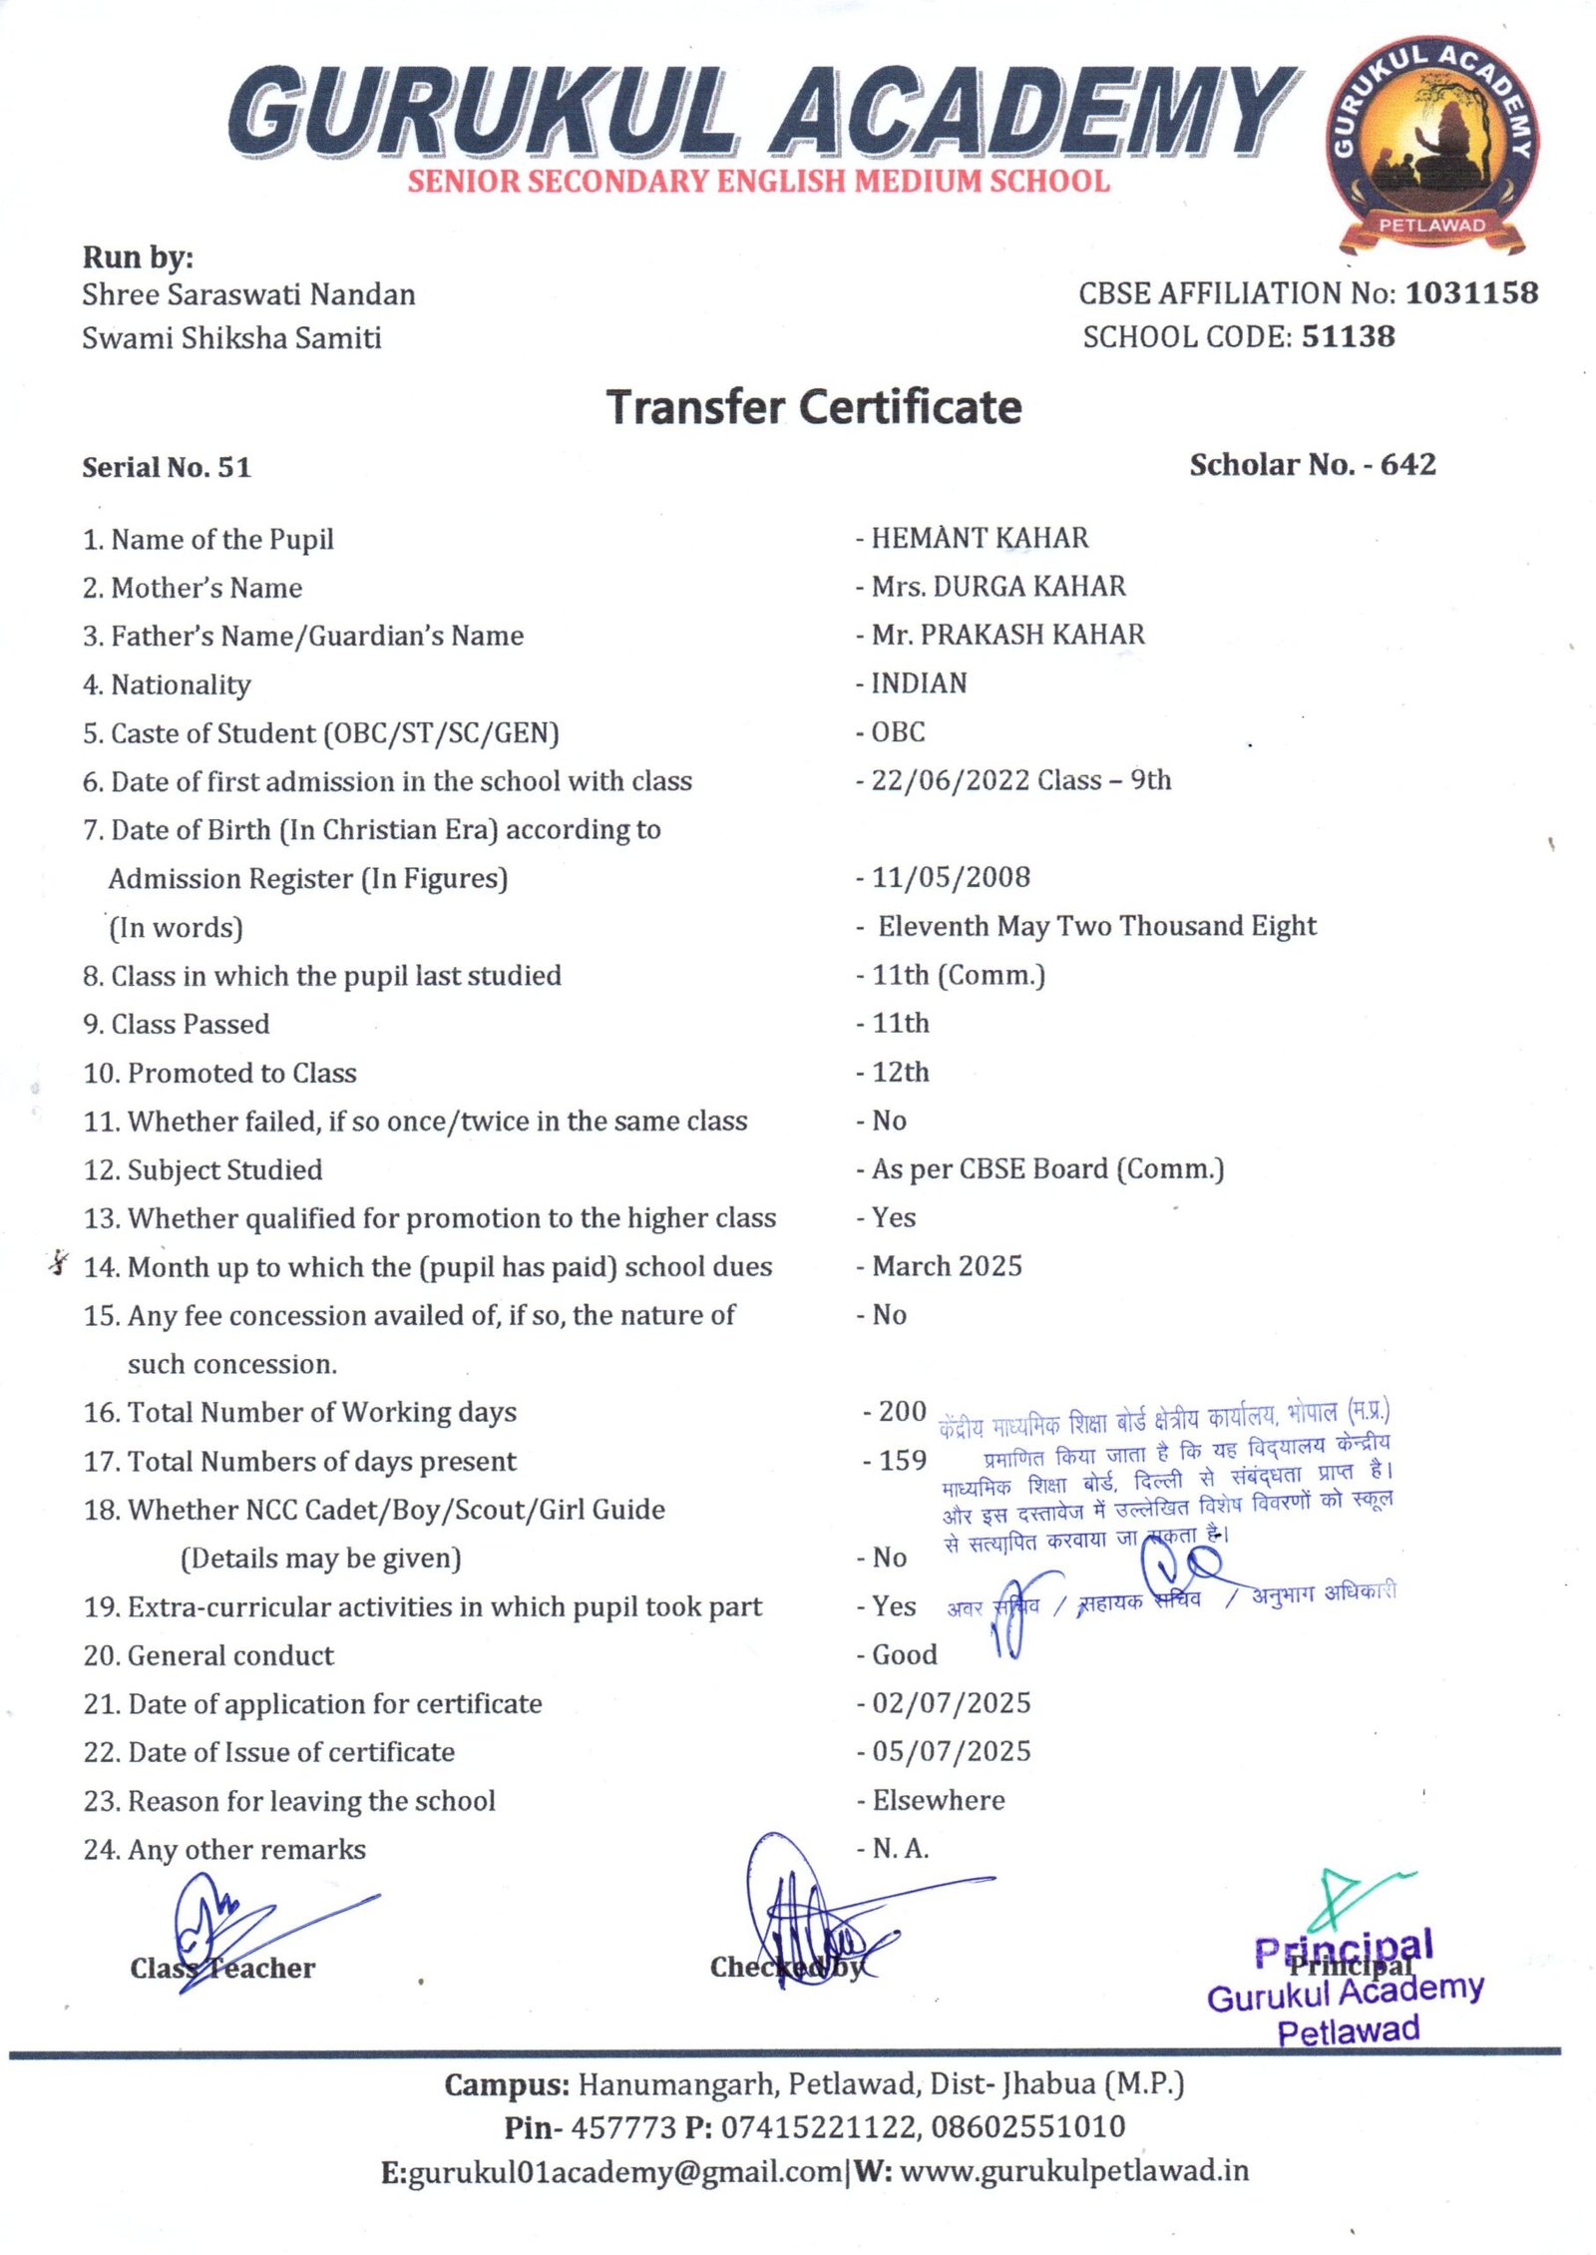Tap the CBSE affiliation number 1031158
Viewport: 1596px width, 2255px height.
(1471, 293)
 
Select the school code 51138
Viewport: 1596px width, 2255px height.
(1348, 337)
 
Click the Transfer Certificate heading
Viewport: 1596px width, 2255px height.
(814, 407)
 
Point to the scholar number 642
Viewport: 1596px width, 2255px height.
(1407, 465)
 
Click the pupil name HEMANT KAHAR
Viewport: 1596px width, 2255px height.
(980, 539)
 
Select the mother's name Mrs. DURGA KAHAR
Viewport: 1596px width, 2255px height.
(997, 587)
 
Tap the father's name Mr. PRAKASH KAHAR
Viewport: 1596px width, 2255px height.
(1007, 636)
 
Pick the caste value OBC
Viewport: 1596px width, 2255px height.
(898, 732)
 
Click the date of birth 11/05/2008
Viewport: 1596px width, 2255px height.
(951, 878)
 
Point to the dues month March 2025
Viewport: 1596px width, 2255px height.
(947, 1266)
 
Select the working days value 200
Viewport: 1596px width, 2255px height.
(902, 1412)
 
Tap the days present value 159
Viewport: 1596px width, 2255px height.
(902, 1461)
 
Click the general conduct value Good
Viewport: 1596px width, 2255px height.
(904, 1655)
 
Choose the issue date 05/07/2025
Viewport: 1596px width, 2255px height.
(951, 1752)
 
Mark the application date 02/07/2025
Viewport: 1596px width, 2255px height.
(951, 1703)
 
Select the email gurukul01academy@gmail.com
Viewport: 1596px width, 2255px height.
(625, 2172)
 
